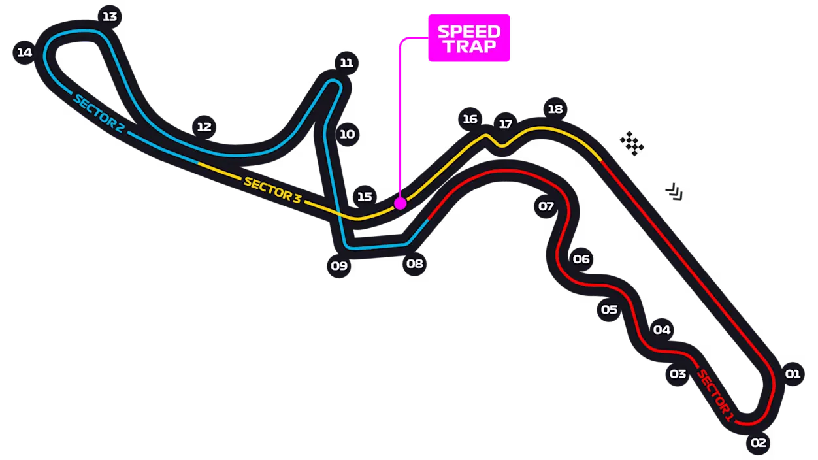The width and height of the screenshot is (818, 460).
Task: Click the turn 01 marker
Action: tap(793, 374)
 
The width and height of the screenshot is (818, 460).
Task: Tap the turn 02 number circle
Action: tap(758, 443)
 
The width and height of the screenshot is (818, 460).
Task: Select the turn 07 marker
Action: tap(546, 206)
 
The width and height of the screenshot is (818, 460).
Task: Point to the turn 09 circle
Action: tap(339, 266)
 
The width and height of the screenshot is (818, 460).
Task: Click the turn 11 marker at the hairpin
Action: tap(346, 63)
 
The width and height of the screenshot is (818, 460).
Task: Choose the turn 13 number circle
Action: tap(110, 17)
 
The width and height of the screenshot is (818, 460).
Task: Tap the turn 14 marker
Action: tap(24, 52)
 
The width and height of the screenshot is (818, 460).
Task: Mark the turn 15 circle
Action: tap(365, 197)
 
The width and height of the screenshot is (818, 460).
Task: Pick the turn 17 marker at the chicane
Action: tap(506, 124)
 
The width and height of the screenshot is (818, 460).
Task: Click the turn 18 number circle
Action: tap(555, 109)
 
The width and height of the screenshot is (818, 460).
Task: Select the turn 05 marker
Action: tap(609, 310)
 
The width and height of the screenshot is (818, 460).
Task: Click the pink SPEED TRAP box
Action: tap(469, 38)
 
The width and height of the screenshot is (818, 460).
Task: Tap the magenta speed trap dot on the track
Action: tap(400, 203)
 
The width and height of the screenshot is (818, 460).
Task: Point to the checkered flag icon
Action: tap(632, 144)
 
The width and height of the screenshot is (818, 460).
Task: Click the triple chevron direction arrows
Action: tap(674, 191)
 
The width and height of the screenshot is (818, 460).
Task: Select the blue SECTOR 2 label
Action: tap(99, 114)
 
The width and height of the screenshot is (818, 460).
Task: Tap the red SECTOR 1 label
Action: tap(715, 396)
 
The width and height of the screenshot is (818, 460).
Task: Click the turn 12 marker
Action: tap(204, 127)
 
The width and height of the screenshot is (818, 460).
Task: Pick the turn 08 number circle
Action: tap(414, 263)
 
